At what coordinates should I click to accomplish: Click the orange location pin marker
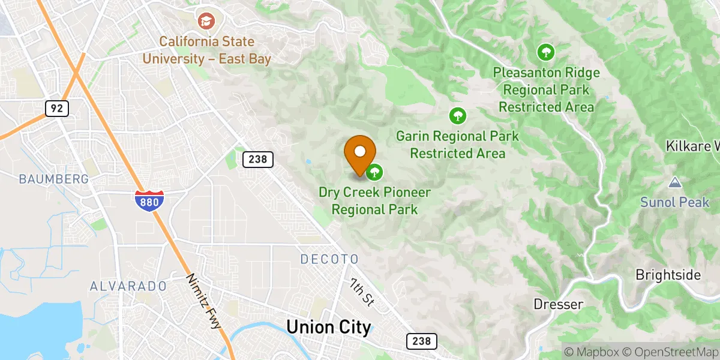tap(360, 154)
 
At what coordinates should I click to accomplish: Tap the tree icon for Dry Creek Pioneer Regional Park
tap(375, 173)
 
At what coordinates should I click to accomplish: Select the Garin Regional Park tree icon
tap(458, 115)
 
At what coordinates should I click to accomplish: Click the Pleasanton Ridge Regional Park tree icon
tap(545, 52)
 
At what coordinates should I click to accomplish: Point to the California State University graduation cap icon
tap(206, 22)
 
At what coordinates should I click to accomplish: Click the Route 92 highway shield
tap(57, 109)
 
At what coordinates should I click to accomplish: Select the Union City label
tap(328, 327)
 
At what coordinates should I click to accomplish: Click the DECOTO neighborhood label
tap(329, 259)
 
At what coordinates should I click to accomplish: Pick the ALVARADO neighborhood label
tap(128, 287)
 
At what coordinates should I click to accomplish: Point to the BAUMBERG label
tap(54, 179)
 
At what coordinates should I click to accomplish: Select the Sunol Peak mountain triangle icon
tap(675, 182)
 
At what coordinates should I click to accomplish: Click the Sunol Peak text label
tap(675, 202)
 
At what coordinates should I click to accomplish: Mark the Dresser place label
tap(558, 305)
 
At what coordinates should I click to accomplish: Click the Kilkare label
tap(692, 146)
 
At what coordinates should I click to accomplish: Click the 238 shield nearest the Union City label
tap(421, 341)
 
